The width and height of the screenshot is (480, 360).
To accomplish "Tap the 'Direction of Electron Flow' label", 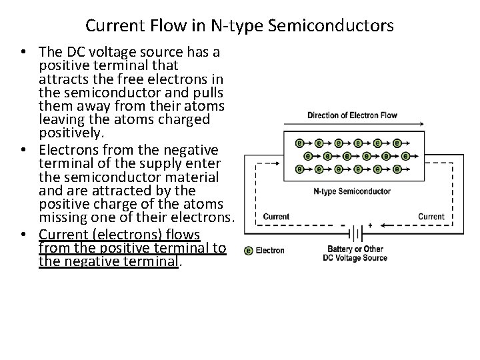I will point(352,115).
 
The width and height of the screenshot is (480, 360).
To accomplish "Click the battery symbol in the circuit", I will point(357,234).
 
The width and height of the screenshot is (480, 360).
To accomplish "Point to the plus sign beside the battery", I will point(370,225).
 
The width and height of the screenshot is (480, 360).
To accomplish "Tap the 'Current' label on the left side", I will point(276,216).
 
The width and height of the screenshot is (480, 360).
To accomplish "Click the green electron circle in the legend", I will point(249,251).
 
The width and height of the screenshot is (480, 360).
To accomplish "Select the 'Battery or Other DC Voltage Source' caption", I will point(354,254).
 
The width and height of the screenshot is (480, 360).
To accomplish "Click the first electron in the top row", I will point(301,143).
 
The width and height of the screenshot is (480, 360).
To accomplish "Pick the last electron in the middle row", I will point(406,156).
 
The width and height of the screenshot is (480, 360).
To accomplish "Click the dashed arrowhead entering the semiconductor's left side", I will point(279,157).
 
